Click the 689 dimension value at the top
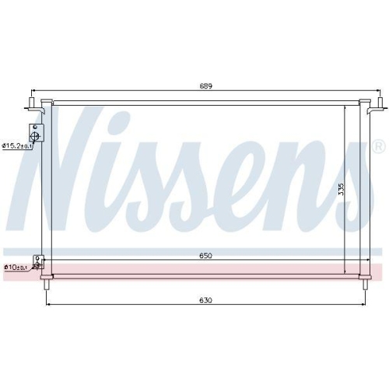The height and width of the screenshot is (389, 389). coord(205,86)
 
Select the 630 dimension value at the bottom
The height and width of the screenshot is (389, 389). coord(205,300)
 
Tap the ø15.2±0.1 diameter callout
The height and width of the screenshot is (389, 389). coord(16,145)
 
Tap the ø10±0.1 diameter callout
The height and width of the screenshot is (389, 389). coord(16,268)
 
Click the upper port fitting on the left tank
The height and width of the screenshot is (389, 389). coord(37,134)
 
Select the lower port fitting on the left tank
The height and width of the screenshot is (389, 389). coord(37,263)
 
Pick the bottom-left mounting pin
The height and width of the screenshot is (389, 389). coord(48,284)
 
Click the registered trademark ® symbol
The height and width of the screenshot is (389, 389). coord(377,146)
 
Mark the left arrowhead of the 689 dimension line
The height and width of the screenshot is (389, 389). coord(30,92)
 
